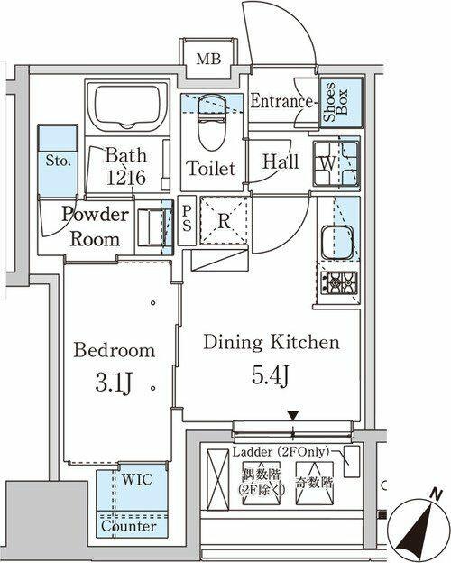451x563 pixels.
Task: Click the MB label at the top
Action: pyautogui.click(x=208, y=59)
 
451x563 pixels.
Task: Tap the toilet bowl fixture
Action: pyautogui.click(x=211, y=122)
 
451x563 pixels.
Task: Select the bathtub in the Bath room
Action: pyautogui.click(x=127, y=107)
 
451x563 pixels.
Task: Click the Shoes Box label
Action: pyautogui.click(x=336, y=102)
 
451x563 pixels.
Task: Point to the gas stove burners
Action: pyautogui.click(x=339, y=282)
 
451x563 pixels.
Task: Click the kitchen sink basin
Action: pyautogui.click(x=337, y=243)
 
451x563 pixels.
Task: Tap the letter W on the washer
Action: pyautogui.click(x=328, y=163)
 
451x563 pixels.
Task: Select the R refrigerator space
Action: pyautogui.click(x=224, y=220)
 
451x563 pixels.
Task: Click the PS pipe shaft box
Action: pyautogui.click(x=187, y=220)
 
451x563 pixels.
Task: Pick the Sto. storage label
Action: pyautogui.click(x=58, y=161)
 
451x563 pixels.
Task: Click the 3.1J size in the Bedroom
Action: pyautogui.click(x=115, y=384)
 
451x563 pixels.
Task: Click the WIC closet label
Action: pyautogui.click(x=137, y=479)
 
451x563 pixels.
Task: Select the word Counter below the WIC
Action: pyautogui.click(x=129, y=526)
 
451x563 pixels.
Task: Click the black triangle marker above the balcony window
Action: pyautogui.click(x=293, y=416)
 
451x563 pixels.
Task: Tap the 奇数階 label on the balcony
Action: pyautogui.click(x=315, y=483)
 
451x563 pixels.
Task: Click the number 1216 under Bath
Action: pyautogui.click(x=125, y=178)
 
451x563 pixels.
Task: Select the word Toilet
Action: pyautogui.click(x=211, y=168)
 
